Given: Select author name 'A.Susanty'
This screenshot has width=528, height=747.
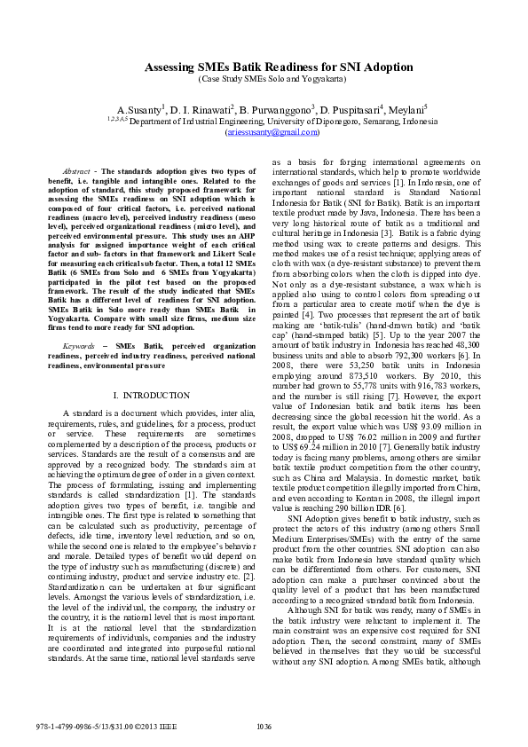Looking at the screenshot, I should click(139, 108).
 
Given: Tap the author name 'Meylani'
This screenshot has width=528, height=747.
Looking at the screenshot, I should click(405, 108).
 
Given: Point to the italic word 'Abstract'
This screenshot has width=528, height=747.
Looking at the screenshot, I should click(76, 170).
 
